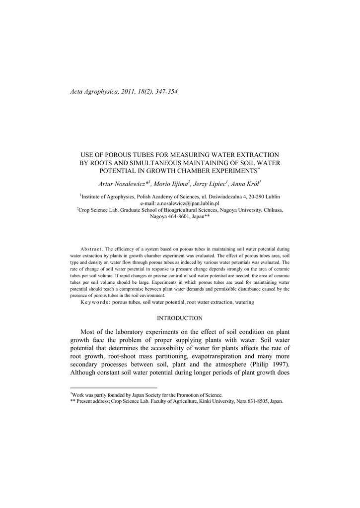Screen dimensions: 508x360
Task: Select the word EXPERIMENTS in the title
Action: pyautogui.click(x=236, y=171)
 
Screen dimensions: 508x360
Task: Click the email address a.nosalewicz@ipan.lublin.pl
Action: pyautogui.click(x=188, y=203)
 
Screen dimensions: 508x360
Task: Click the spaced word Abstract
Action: pyautogui.click(x=91, y=248)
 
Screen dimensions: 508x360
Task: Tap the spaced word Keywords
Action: pyautogui.click(x=95, y=302)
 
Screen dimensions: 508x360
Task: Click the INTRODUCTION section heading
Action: pyautogui.click(x=180, y=318)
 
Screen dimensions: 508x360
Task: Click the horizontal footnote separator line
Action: pyautogui.click(x=114, y=387)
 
